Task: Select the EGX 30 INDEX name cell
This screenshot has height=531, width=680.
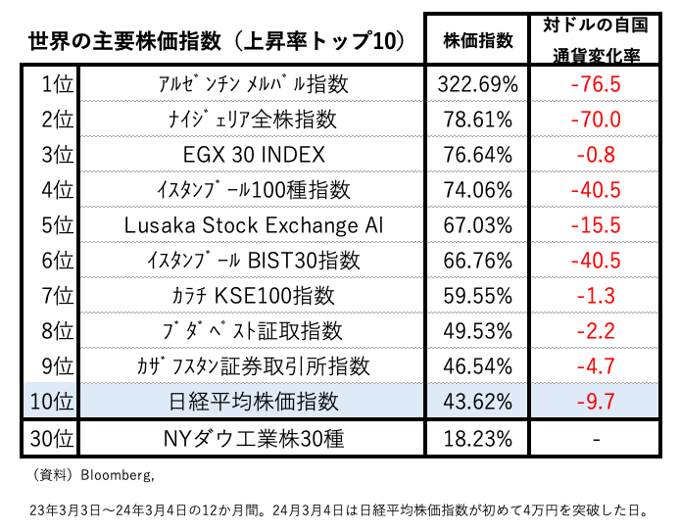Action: coord(254,155)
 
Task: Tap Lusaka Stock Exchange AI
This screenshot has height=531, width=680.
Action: coord(254,225)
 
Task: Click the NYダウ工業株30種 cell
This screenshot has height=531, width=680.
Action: coord(254,438)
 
